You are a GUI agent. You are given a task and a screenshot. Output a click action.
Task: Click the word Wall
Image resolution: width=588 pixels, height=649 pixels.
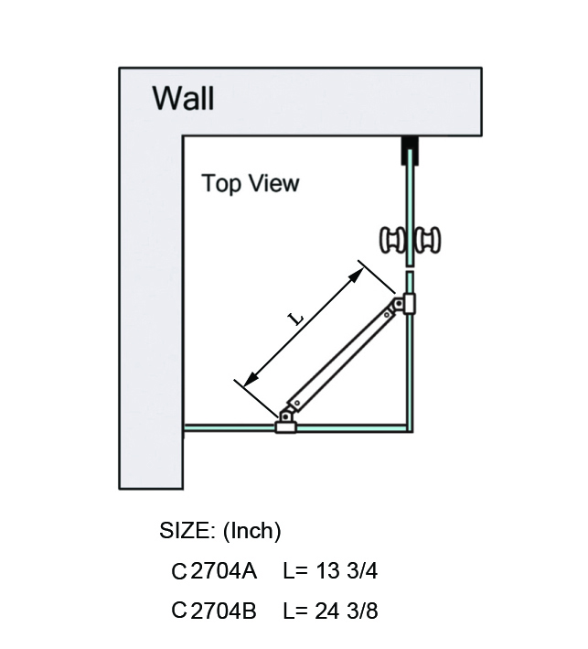[x=183, y=96]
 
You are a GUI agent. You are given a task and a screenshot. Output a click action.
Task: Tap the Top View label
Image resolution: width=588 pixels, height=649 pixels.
[x=250, y=183]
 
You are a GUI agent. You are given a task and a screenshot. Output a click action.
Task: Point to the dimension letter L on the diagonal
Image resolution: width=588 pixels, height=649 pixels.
[x=295, y=318]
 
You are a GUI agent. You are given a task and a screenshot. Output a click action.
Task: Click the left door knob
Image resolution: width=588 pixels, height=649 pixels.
[x=393, y=241]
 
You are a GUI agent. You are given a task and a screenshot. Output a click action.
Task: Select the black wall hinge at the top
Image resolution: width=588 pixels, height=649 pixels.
[x=410, y=150]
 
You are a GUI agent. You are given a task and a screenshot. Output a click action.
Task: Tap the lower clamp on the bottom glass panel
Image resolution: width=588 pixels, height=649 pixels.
[x=286, y=423]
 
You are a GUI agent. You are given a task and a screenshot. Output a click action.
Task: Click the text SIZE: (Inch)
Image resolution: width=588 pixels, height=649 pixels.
[x=219, y=531]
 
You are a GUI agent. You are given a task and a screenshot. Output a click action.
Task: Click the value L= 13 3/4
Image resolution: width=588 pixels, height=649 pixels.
[x=330, y=572]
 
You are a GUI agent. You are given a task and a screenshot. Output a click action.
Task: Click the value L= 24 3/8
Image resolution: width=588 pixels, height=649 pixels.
[x=330, y=611]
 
